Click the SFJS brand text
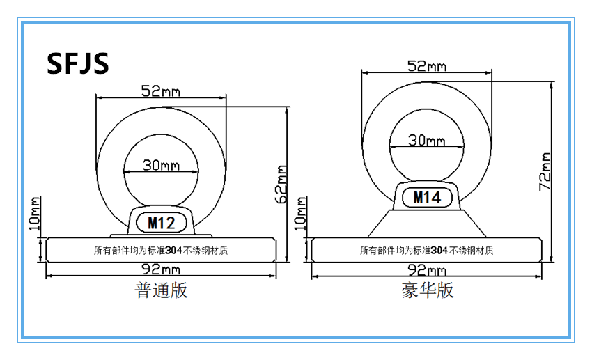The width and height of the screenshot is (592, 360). [x=78, y=63]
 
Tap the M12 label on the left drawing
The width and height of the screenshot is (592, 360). [x=161, y=223]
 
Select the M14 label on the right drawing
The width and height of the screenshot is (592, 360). [x=427, y=197]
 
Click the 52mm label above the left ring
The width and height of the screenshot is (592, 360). [x=160, y=90]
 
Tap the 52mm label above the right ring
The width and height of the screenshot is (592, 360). [x=426, y=66]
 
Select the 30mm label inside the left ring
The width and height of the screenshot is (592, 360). [x=161, y=165]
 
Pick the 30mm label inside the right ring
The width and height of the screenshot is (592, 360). [x=426, y=141]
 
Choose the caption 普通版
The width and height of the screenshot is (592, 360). [x=161, y=290]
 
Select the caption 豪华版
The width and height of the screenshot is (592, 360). [x=427, y=290]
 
